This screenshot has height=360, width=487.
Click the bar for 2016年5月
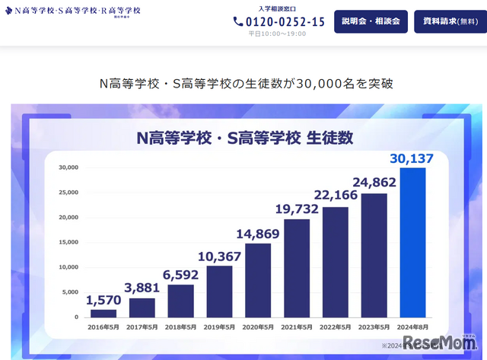pyautogui.click(x=104, y=313)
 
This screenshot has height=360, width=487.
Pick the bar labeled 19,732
pyautogui.click(x=297, y=268)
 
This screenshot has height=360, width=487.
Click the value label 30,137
pyautogui.click(x=412, y=158)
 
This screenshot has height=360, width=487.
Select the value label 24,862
pyautogui.click(x=374, y=183)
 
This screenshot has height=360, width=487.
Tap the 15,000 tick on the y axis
pyautogui.click(x=68, y=242)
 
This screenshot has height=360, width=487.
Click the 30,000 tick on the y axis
pyautogui.click(x=68, y=167)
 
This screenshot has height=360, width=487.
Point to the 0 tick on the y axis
pyautogui.click(x=75, y=317)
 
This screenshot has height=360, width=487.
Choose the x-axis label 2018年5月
pyautogui.click(x=181, y=327)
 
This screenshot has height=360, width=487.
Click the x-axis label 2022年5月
pyautogui.click(x=336, y=327)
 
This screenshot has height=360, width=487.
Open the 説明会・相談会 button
pyautogui.click(x=371, y=21)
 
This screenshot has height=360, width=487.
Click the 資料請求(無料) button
pyautogui.click(x=447, y=21)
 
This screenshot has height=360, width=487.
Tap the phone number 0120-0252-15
pyautogui.click(x=279, y=21)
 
